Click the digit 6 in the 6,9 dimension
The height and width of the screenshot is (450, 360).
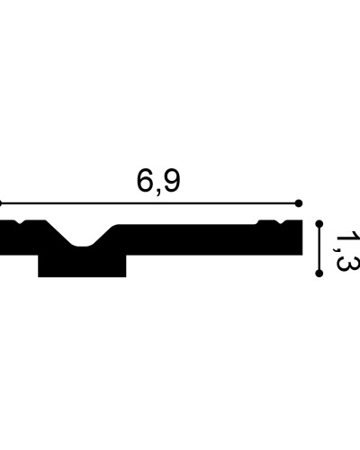pyautogui.click(x=145, y=181)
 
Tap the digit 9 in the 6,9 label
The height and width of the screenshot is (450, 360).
pyautogui.click(x=173, y=181)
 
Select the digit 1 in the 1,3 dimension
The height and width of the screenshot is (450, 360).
pyautogui.click(x=348, y=238)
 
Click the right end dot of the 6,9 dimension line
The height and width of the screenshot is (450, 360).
pyautogui.click(x=299, y=203)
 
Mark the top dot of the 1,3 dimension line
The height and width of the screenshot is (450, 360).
pyautogui.click(x=319, y=224)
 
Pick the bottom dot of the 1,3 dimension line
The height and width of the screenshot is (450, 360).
pyautogui.click(x=319, y=274)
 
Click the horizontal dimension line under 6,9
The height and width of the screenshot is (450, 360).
pyautogui.click(x=149, y=203)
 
